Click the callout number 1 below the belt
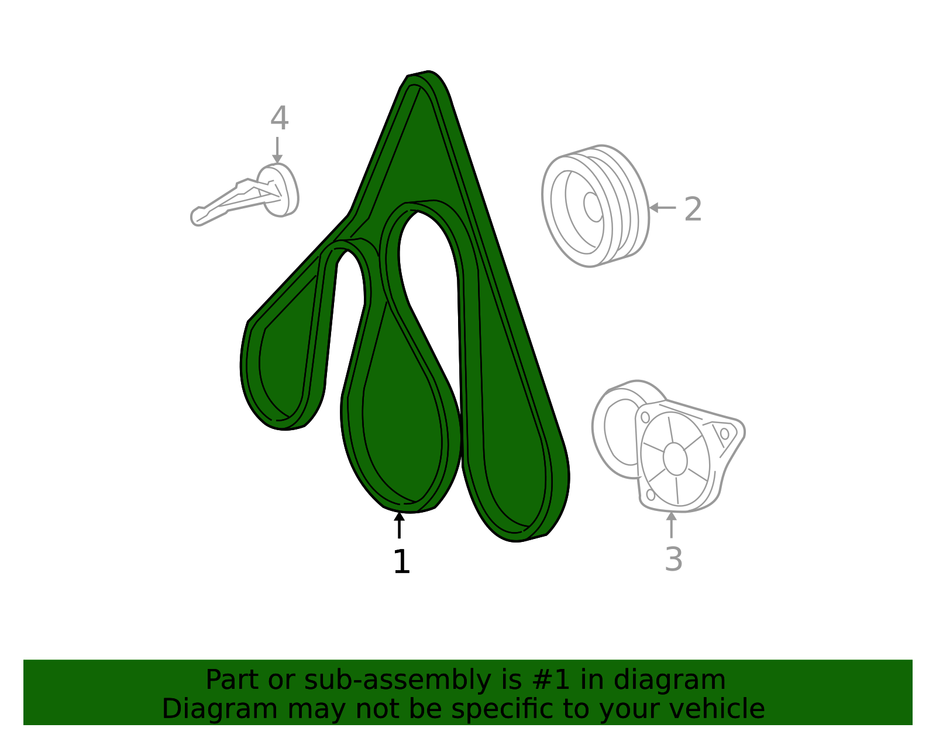point(401,561)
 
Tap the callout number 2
point(693,210)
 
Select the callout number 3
point(674,559)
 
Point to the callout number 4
point(279,118)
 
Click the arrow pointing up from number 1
point(400,525)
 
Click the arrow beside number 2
point(662,208)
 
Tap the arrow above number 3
point(671,524)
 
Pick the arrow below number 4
point(277,150)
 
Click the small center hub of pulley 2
point(593,207)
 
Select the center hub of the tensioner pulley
point(675,459)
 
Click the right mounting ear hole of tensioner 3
point(724,434)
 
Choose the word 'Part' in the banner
point(232,680)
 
